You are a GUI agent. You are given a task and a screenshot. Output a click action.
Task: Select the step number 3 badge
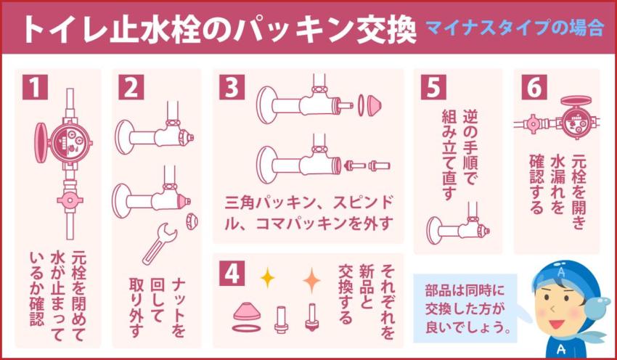231,87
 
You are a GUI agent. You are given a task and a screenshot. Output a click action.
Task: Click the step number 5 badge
433,87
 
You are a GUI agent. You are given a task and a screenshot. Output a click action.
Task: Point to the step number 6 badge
534,87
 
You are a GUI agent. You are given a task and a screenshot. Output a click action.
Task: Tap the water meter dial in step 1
70,138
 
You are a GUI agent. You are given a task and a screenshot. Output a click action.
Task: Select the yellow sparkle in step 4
267,277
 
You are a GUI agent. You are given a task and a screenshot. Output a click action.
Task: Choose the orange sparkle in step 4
311,278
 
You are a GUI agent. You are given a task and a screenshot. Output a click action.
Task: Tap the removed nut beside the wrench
192,220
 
